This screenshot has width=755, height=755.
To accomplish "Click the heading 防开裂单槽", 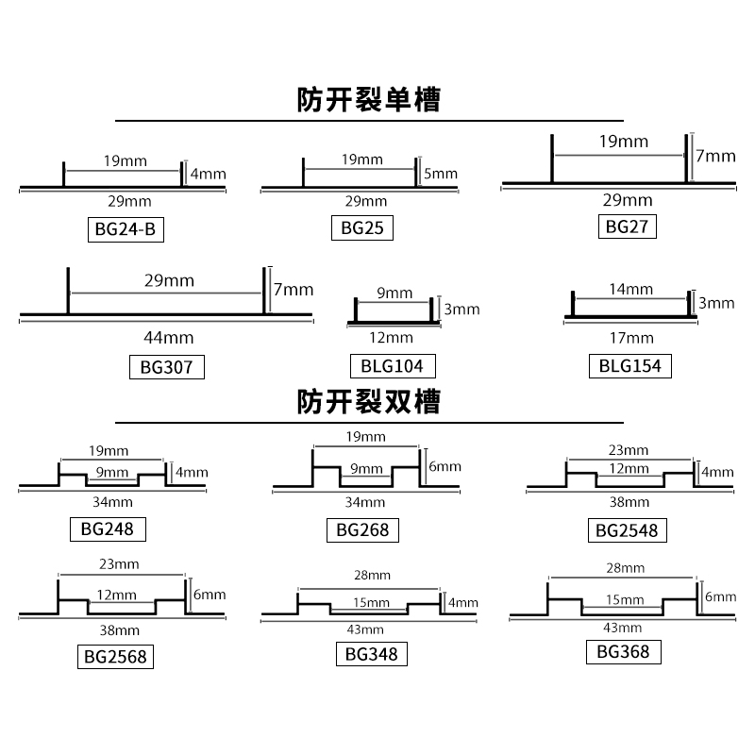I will tap(369, 100).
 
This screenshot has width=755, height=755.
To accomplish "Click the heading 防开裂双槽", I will tap(369, 403).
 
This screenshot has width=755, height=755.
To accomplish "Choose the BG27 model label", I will tap(627, 226).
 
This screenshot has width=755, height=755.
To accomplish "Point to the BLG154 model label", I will tap(630, 365).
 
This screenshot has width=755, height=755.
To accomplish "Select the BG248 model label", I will tap(109, 528).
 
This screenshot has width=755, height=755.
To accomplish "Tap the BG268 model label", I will tap(362, 529).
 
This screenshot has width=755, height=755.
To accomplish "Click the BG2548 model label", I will tap(627, 530).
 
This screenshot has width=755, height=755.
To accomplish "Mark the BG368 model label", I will tap(623, 651).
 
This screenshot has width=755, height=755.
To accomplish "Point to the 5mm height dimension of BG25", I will tap(441, 174).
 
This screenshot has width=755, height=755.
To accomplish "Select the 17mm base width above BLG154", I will tap(630, 337).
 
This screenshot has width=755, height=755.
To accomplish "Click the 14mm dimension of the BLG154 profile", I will tap(630, 290).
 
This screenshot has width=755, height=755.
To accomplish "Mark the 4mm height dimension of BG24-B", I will tap(208, 174).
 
